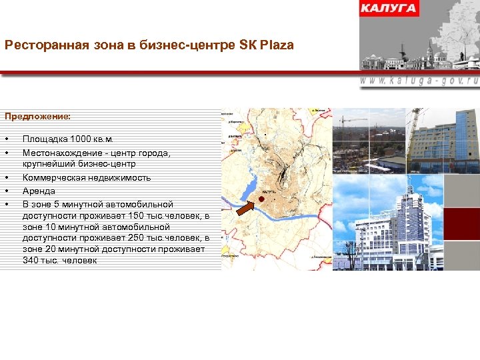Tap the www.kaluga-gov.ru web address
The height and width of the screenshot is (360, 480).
(x=419, y=79)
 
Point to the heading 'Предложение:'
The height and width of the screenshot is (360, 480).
(x=37, y=116)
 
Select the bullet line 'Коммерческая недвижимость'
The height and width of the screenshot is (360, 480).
(x=87, y=178)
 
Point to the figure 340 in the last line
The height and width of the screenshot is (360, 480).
(x=31, y=260)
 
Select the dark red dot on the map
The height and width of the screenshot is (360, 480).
(x=262, y=199)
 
